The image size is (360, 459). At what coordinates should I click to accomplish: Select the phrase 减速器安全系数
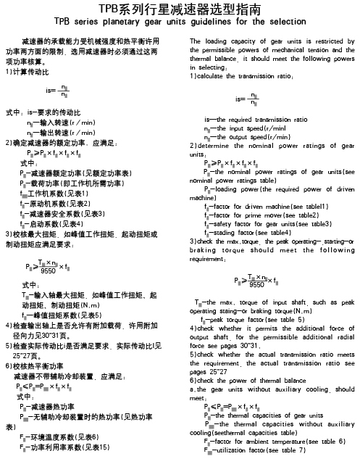tap(60, 212)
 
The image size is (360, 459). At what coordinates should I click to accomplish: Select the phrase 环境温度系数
tap(57, 436)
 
